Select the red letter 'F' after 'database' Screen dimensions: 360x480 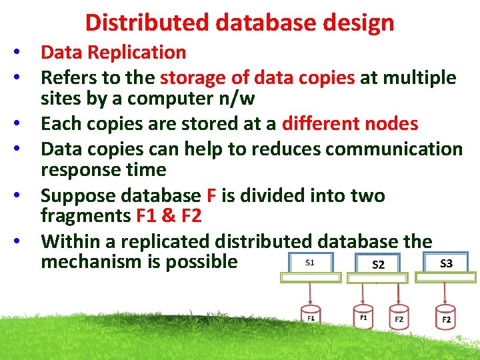[211, 195]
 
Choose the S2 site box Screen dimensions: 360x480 [379, 265]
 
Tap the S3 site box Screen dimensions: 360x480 [446, 263]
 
